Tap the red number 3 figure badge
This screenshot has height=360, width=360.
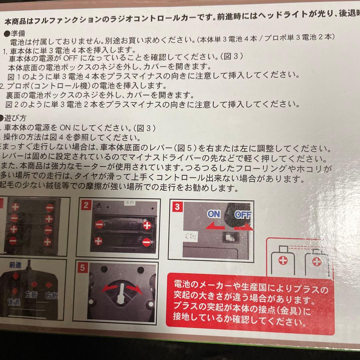pyautogui.click(x=177, y=207)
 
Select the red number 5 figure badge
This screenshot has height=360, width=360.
pyautogui.click(x=83, y=268)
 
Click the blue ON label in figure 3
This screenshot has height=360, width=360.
pyautogui.click(x=214, y=214)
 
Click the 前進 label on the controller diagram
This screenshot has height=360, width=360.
pyautogui.click(x=15, y=265)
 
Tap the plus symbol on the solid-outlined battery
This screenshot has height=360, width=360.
pyautogui.click(x=283, y=261)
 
